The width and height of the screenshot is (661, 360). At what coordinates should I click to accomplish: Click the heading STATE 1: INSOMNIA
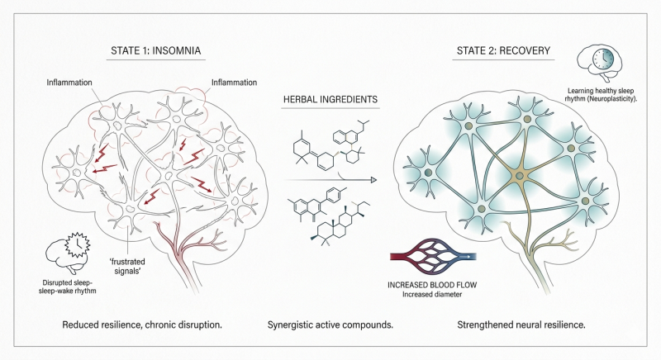pos(155,51)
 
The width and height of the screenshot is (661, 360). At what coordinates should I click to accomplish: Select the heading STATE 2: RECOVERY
pos(503,51)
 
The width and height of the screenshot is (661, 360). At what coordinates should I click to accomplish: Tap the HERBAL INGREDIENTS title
pos(330,100)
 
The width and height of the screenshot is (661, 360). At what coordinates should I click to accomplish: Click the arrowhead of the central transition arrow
pos(373,180)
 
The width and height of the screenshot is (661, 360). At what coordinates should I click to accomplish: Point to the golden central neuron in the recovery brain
pos(520,176)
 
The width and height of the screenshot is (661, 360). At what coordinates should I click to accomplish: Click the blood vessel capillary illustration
pos(433,257)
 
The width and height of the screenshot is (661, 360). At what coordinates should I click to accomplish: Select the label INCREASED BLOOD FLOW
pos(432,285)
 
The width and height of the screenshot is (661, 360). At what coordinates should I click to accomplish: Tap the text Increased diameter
pos(432,295)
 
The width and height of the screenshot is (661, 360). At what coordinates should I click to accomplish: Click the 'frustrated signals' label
pos(127,267)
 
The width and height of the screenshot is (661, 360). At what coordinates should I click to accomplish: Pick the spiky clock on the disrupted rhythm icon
pos(77,244)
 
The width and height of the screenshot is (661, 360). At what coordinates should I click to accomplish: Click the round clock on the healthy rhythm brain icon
pos(604,59)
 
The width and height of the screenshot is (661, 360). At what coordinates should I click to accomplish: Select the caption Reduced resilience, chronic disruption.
pos(142,325)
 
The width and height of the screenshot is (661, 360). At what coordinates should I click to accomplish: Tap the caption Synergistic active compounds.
pos(330,325)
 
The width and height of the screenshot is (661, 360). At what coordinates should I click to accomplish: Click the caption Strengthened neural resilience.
pos(521,325)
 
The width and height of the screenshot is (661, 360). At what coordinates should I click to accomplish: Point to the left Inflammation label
pos(69,83)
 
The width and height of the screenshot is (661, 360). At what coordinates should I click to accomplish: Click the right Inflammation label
pos(234,83)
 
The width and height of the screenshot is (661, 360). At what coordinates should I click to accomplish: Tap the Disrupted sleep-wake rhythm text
pos(68,287)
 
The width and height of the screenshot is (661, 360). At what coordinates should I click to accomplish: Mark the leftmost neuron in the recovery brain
pos(427,173)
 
